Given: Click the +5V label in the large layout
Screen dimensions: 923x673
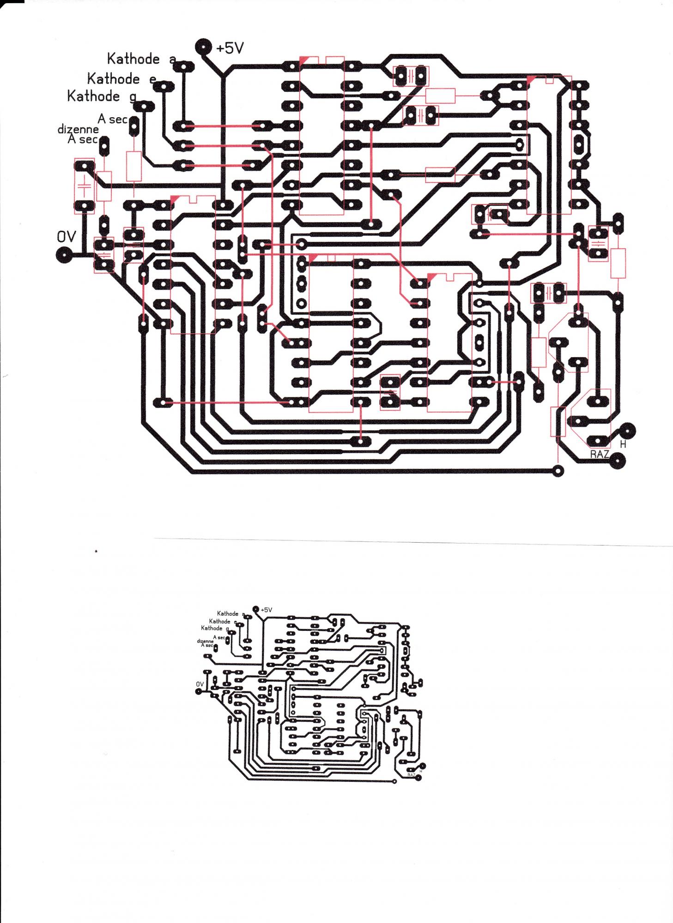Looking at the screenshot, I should pos(230,48).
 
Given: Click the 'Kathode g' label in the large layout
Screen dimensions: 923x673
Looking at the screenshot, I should pos(102,96).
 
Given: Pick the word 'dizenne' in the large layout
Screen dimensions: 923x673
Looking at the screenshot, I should pos(78,130).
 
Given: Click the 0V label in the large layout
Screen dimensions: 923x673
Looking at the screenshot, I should pos(66,237).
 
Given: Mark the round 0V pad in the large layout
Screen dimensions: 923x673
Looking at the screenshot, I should pos(63,254).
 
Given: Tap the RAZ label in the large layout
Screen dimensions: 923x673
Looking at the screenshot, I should pos(600,454).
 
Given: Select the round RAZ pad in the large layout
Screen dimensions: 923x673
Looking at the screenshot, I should pos(618,461).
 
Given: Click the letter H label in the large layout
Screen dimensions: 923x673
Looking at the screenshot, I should pos(623,444).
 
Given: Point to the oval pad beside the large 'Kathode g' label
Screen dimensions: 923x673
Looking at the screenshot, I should pos(145,107).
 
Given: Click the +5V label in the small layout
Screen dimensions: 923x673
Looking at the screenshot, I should pos(267,610).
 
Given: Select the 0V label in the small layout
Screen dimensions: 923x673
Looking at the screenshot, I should pos(200,684).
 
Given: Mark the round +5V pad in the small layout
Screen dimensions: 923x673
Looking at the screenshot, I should pos(256,609).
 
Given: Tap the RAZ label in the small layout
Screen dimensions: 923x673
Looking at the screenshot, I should pos(412,774).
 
